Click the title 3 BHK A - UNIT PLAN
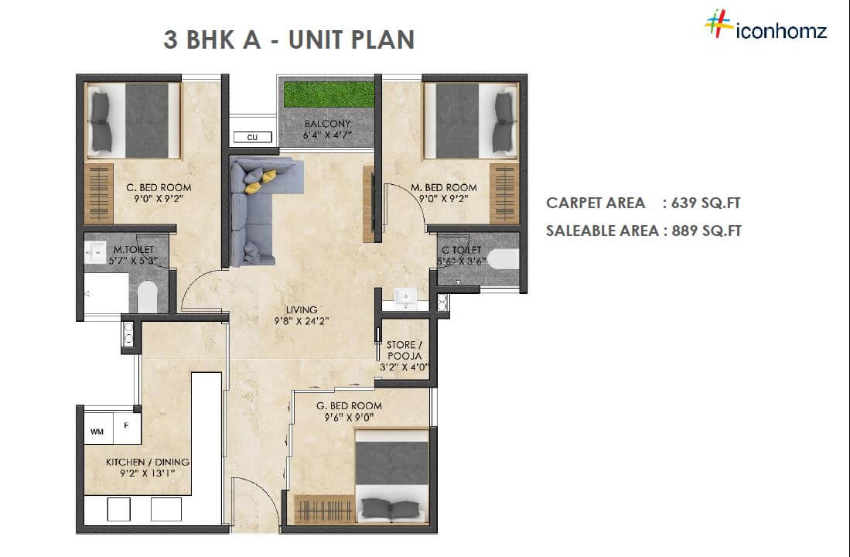point(288,39)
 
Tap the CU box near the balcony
point(252,137)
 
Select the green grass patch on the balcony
point(329,94)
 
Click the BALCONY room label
point(327,124)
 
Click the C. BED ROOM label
point(159,187)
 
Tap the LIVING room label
point(302,310)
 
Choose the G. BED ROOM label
point(348,405)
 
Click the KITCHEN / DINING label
point(147,462)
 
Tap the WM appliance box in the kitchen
point(97,431)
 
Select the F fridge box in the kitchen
point(127,425)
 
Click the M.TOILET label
point(131,250)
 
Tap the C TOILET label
point(461,251)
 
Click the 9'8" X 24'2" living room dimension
point(302,323)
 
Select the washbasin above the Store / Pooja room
point(405,297)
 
